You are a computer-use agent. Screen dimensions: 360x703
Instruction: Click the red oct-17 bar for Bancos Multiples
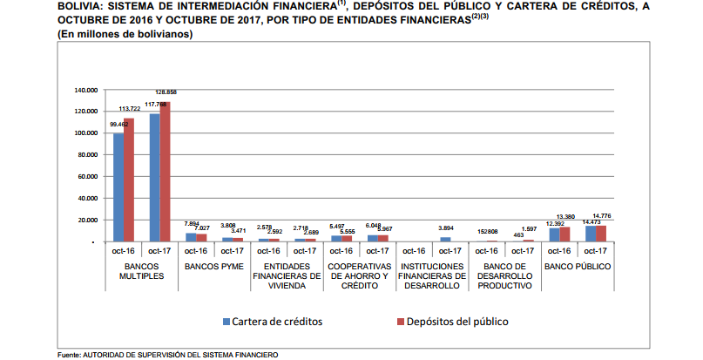[165, 172]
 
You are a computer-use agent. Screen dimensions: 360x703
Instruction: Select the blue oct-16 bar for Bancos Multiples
[118, 187]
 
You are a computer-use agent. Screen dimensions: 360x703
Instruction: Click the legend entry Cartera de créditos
[272, 321]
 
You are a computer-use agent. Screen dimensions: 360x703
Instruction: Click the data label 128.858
[166, 92]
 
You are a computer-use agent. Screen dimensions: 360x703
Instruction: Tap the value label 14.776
[602, 215]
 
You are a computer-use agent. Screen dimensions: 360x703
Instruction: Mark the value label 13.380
[565, 217]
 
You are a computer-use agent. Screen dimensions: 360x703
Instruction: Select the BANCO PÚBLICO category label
[577, 265]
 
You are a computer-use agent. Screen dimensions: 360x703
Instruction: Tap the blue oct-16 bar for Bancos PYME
[191, 237]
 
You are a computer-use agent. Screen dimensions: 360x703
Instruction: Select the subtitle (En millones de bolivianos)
[125, 33]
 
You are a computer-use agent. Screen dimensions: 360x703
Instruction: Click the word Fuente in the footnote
[69, 355]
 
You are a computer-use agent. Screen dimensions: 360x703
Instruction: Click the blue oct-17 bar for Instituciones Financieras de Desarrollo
[444, 239]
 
